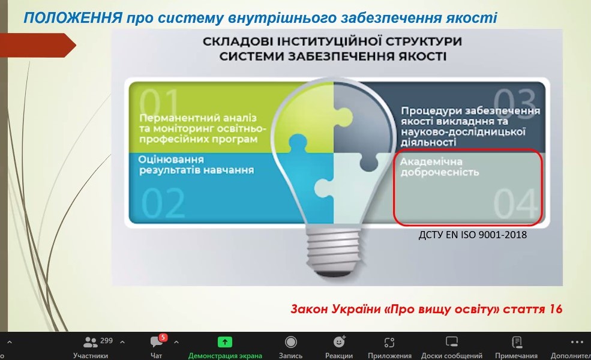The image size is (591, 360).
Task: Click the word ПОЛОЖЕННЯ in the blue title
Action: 73,18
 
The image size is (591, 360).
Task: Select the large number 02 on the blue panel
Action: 163,203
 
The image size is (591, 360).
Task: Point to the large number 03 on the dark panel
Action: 514,102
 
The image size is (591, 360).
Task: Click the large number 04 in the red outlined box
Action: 515,203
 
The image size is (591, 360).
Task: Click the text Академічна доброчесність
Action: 439,167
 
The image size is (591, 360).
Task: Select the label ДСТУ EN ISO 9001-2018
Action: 473,235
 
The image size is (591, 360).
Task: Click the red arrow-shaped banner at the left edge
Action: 38,45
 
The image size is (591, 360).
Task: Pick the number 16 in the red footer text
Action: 555,309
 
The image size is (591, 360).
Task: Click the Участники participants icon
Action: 91,342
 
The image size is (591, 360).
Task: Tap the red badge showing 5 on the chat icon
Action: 163,337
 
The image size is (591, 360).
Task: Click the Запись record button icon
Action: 290,342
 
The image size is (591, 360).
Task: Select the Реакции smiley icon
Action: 339,341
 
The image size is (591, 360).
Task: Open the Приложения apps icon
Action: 389,342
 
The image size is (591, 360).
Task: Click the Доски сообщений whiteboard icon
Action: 452,342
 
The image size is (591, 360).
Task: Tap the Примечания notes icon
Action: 517,342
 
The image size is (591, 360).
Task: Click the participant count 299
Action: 107,341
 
